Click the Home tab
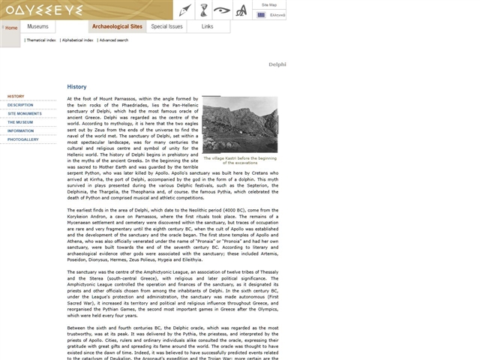pos(11,27)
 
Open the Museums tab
pos(37,26)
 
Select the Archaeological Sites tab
pos(116,26)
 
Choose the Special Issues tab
pos(166,26)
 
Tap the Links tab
pos(207,26)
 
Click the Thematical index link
pos(41,40)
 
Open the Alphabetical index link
pos(78,40)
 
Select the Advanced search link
pos(113,40)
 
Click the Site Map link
pos(269,4)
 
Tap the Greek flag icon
pos(261,14)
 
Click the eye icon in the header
pos(222,10)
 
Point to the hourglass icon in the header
pos(203,10)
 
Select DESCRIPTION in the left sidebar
pos(20,105)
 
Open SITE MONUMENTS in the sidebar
pos(25,113)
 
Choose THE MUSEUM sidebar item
pos(20,122)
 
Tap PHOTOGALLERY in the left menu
pos(23,139)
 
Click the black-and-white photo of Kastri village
pos(239,124)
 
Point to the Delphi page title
pos(277,64)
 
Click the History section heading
pos(76,87)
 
